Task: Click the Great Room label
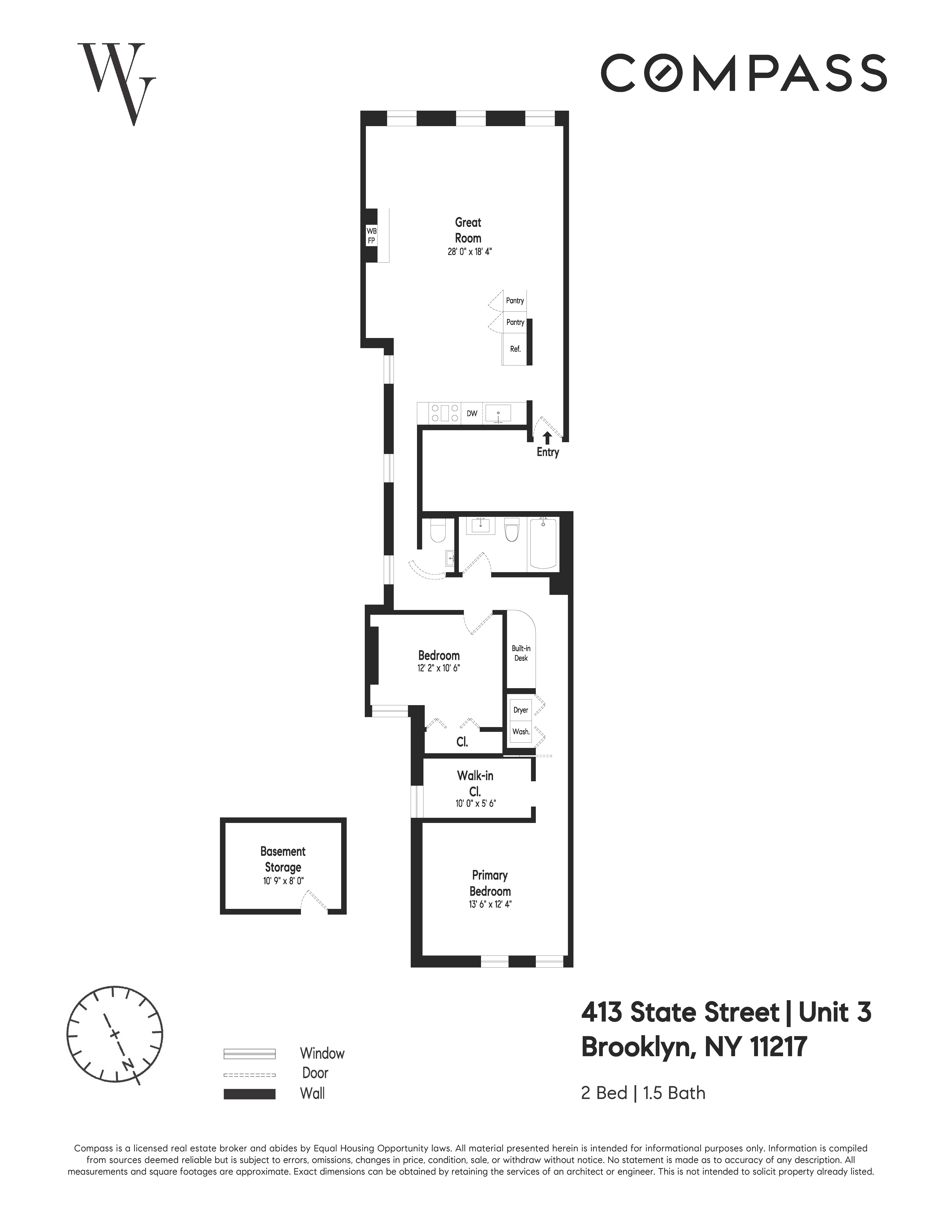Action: pyautogui.click(x=468, y=230)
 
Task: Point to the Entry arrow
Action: pyautogui.click(x=547, y=437)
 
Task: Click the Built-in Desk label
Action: pyautogui.click(x=521, y=653)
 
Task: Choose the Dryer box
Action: pyautogui.click(x=521, y=710)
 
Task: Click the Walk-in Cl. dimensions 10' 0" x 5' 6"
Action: pyautogui.click(x=475, y=804)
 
